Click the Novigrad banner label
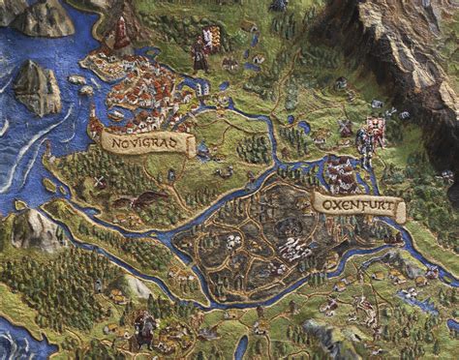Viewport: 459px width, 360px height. click(x=147, y=143)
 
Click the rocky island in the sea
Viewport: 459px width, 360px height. click(x=37, y=85)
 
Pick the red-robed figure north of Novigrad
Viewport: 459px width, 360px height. click(x=200, y=53)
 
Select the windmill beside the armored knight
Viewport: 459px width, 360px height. click(x=346, y=127)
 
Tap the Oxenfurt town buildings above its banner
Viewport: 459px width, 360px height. click(x=342, y=174)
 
